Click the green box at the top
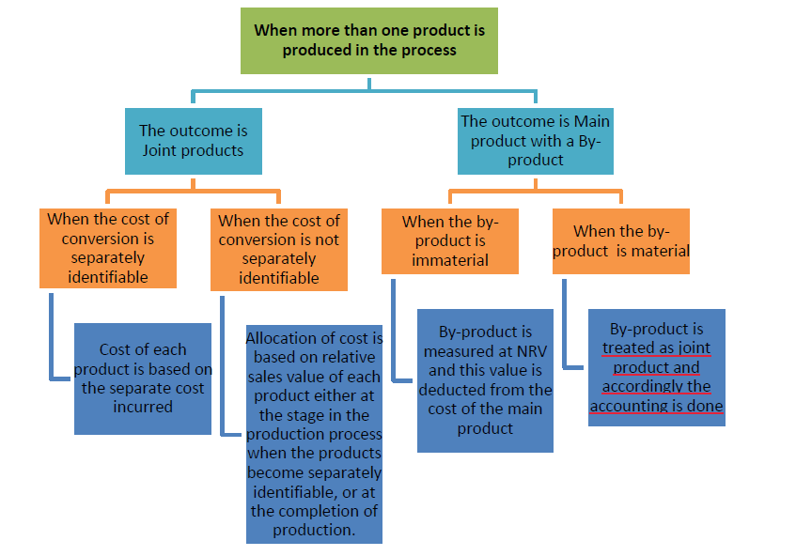368,40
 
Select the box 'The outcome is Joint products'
193,141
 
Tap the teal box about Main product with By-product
535,141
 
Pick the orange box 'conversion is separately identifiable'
108,248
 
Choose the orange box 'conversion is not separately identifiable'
278,249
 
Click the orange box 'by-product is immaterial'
449,241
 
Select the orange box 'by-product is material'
620,241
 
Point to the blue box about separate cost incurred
143,378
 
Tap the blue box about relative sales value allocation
314,433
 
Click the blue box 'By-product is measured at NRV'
485,380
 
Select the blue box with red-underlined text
656,367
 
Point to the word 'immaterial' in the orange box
449,260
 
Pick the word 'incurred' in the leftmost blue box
143,407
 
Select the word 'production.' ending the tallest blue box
314,530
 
